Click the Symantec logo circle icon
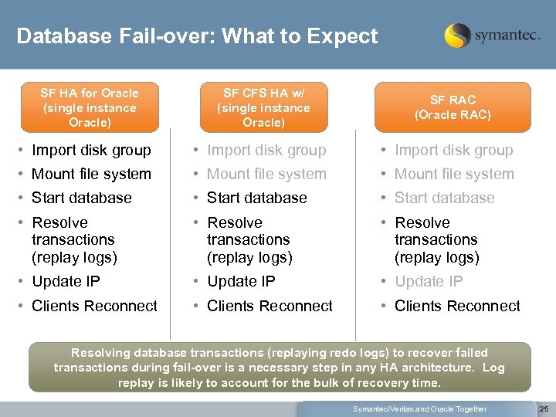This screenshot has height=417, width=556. pos(457,35)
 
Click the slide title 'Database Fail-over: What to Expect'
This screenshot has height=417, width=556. pos(197,36)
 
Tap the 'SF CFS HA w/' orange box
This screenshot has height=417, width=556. pos(263,108)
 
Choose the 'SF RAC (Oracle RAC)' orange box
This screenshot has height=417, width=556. pos(453,107)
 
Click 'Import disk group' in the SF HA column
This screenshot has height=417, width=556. pos(91,150)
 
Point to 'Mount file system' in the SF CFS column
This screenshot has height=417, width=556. pos(266,174)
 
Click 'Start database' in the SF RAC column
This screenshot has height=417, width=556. pos(444,198)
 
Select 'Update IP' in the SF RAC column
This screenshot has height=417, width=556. pos(429,281)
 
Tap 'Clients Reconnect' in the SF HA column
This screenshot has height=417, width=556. pos(94,306)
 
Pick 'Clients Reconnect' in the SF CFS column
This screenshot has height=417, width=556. pos(270,306)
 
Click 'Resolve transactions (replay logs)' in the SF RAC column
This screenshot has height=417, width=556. pos(436,239)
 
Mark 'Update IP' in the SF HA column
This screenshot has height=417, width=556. pos(66,281)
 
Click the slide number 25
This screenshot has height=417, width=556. pos(543,409)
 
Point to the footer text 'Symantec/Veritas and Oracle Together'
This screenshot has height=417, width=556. pos(419,409)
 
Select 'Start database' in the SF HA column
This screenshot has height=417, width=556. pos(82,198)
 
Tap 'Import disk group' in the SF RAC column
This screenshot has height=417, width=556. pos(453,150)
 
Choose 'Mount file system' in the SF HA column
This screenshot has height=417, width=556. pos(91,174)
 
